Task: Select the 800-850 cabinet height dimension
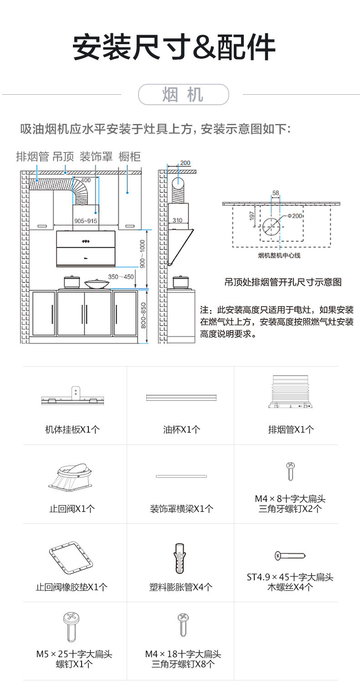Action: point(143,316)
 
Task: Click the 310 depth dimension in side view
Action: point(177,220)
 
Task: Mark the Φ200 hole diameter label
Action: point(295,216)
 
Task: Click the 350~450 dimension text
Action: point(121,276)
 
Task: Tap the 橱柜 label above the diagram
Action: point(129,157)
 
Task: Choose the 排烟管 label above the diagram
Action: point(32,157)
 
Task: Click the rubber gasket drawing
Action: point(72,557)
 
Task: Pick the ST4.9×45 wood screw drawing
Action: point(290,556)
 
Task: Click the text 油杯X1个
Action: point(181,429)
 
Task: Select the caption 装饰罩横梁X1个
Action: point(181,509)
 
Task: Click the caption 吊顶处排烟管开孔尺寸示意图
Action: point(283,282)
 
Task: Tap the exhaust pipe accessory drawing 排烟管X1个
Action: point(290,392)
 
